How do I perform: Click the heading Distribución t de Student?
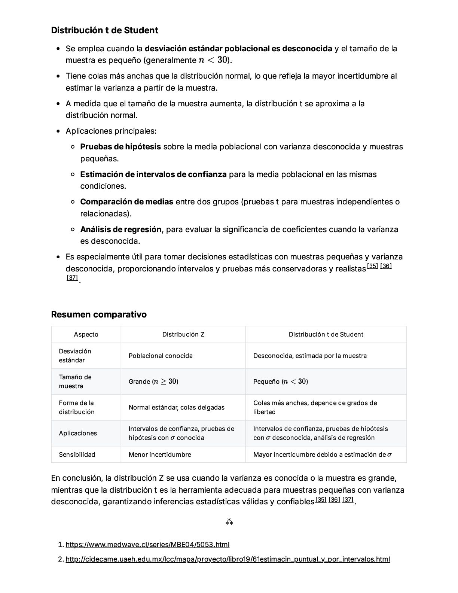[104, 30]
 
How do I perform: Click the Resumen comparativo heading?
[99, 314]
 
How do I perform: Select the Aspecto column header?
[86, 334]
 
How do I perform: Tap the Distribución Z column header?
[183, 334]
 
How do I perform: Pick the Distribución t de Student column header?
[326, 334]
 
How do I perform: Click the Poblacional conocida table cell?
[161, 356]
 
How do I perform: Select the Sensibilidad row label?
[77, 454]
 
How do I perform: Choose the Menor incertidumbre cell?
[160, 454]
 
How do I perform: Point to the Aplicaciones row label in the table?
[78, 433]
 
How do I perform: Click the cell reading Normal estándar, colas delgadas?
[177, 407]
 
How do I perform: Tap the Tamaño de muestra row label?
[75, 381]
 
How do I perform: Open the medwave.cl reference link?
[147, 545]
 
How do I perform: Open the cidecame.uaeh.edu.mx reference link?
[228, 559]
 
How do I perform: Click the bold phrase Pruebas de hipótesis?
[120, 147]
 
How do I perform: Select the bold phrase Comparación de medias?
[126, 202]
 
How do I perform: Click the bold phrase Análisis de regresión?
[121, 229]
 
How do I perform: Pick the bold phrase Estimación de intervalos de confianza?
[153, 174]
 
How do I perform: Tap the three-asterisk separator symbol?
[229, 521]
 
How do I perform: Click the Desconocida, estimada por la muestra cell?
[310, 356]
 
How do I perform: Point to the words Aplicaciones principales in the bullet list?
[111, 131]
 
